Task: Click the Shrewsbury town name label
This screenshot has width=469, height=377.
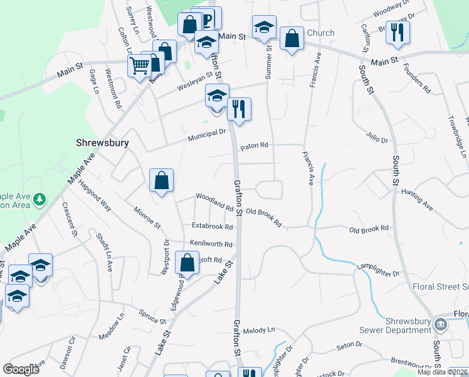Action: tap(103, 143)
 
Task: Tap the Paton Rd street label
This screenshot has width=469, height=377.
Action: tap(254, 146)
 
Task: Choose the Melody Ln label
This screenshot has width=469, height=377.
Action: tap(259, 330)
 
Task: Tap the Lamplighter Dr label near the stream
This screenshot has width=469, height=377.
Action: tap(378, 274)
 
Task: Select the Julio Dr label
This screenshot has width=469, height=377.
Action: tap(374, 133)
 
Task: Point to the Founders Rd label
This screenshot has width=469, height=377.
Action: tap(417, 78)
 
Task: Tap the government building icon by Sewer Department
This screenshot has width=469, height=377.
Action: tap(440, 324)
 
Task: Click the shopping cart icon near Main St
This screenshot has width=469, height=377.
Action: tap(139, 65)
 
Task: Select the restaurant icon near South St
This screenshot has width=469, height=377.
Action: tap(397, 31)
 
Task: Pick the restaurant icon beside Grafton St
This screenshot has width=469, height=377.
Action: tap(238, 108)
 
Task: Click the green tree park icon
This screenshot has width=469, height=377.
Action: tap(40, 199)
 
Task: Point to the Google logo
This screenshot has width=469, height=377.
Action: tap(21, 369)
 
